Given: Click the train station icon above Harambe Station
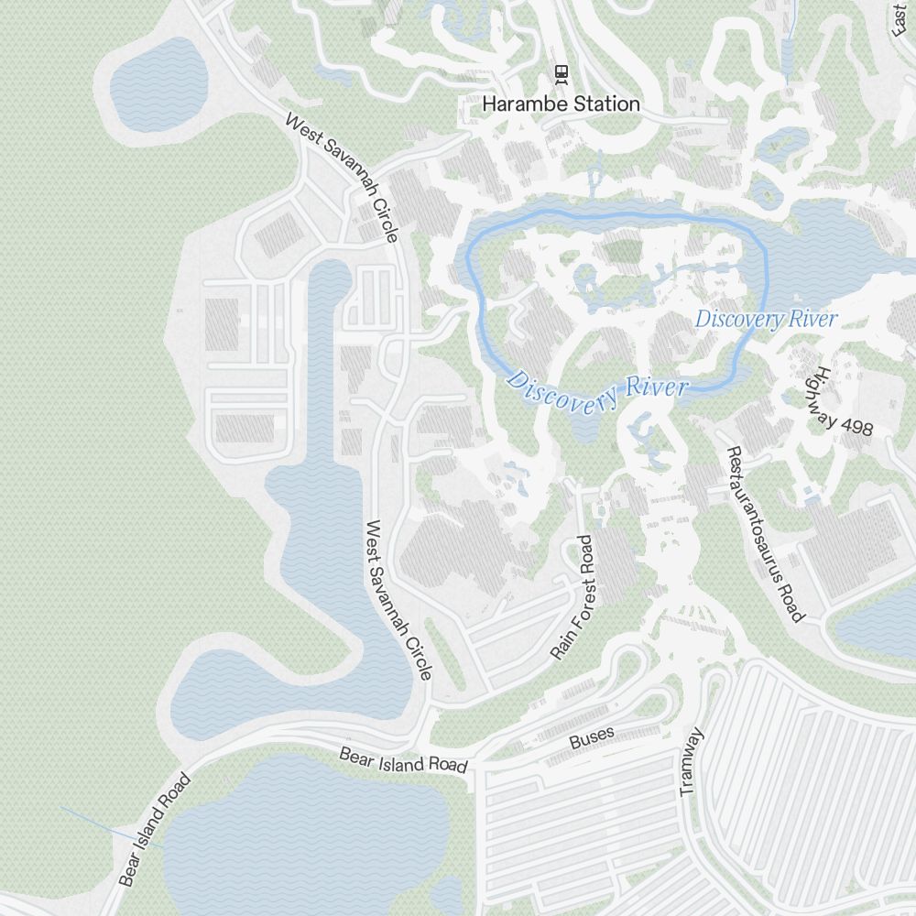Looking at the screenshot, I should coord(561,73).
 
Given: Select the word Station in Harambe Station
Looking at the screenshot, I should coord(606,104).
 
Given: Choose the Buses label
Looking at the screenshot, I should coord(592,735).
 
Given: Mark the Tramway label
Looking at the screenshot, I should coord(692,761).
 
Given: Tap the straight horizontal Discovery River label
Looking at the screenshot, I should coord(766,320).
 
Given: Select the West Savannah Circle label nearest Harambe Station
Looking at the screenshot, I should coord(341,177).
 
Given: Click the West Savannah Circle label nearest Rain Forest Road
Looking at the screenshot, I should coord(398,600).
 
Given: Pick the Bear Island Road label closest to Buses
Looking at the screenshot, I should coord(403,759).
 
